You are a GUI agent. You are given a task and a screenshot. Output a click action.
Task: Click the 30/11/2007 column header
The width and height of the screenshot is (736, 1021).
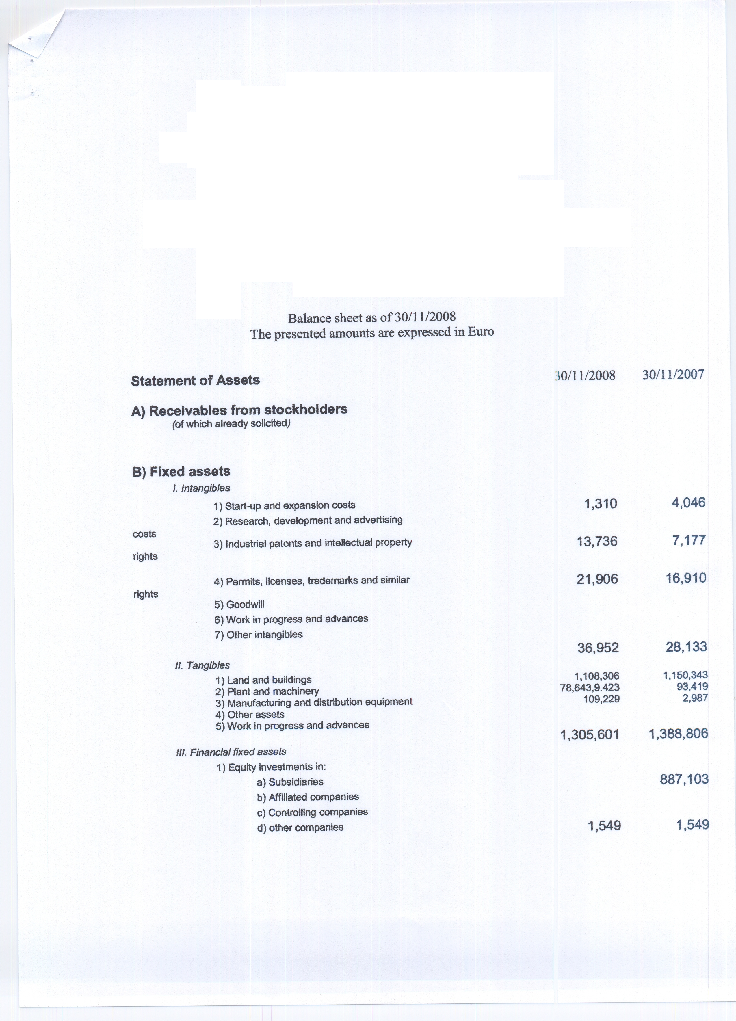coord(673,375)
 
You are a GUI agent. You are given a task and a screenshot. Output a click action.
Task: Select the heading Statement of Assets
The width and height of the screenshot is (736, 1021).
coord(195,380)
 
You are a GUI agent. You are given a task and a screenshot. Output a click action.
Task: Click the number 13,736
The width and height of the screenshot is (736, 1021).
coord(597,541)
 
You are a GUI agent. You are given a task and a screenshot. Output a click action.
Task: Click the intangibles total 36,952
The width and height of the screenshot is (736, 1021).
coord(598,647)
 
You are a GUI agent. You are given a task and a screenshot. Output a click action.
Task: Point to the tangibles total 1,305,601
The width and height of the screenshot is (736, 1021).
coord(590,735)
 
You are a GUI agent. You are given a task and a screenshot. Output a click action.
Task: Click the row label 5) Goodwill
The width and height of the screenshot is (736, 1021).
coord(239,604)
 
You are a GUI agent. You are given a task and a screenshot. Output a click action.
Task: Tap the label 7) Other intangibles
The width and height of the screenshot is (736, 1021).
coord(259,635)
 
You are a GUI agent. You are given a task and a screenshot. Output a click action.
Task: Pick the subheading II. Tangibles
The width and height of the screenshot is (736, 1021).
coord(202,665)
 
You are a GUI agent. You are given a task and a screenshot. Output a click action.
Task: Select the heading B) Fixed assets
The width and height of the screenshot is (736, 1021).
coord(181,472)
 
